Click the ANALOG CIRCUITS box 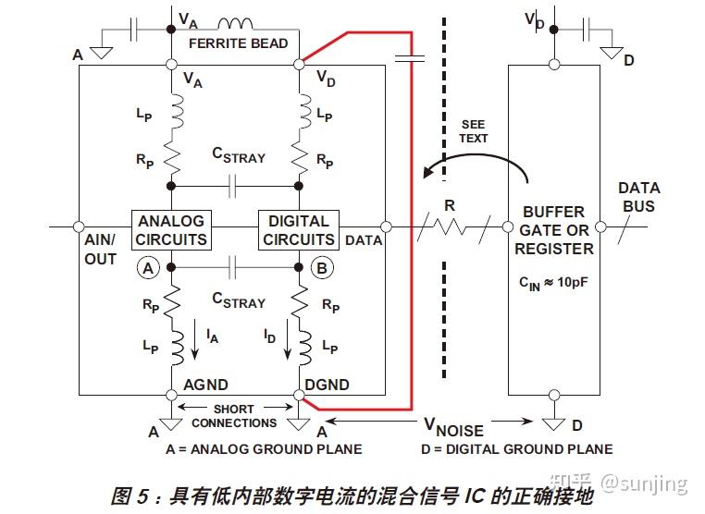point(171,230)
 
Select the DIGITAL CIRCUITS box point(298,230)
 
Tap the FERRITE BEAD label point(238,43)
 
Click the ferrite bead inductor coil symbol point(236,23)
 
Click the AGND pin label point(205,385)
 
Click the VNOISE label point(453,427)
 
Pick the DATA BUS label point(638,197)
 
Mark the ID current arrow point(278,340)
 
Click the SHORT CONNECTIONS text point(234,416)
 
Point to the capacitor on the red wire point(408,57)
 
